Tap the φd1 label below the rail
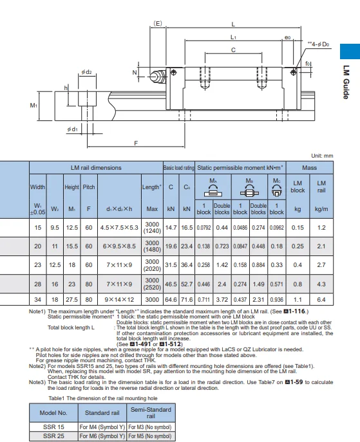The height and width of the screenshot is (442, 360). (72, 129)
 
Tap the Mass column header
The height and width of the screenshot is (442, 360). (309, 168)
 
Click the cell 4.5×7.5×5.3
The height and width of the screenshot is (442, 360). (119, 228)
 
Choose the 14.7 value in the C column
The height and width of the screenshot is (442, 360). (171, 228)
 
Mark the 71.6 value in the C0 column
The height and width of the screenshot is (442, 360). (187, 300)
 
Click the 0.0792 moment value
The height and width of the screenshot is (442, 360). (204, 228)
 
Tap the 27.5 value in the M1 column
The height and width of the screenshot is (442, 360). (73, 300)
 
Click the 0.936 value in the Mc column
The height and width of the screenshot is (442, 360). (276, 300)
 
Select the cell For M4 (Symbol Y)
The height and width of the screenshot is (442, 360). (102, 427)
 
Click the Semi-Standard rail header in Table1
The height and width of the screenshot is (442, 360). (151, 412)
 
